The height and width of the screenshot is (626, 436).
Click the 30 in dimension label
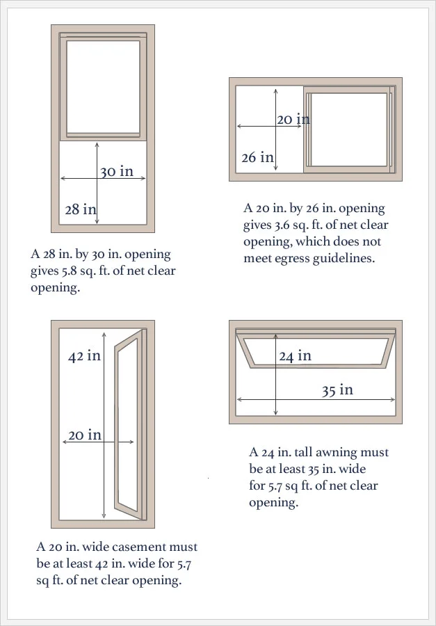pyautogui.click(x=116, y=172)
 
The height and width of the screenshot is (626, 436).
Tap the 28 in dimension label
pyautogui.click(x=81, y=209)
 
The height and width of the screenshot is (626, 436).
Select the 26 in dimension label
pyautogui.click(x=258, y=157)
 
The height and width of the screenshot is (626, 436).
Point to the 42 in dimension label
pyautogui.click(x=84, y=355)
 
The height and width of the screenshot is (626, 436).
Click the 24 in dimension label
pyautogui.click(x=295, y=355)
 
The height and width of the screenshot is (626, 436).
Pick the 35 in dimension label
pyautogui.click(x=338, y=390)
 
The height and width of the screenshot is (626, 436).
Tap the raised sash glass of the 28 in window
pyautogui.click(x=103, y=87)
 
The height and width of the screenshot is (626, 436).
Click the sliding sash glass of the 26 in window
pyautogui.click(x=349, y=129)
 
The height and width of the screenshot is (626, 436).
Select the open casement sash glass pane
pyautogui.click(x=128, y=424)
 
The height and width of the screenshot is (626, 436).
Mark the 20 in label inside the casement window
pyautogui.click(x=85, y=435)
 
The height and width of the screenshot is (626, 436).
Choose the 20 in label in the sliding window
pyautogui.click(x=293, y=119)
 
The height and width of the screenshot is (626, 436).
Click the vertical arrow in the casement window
pyautogui.click(x=104, y=425)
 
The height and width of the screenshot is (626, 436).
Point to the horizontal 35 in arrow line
pyautogui.click(x=316, y=399)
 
